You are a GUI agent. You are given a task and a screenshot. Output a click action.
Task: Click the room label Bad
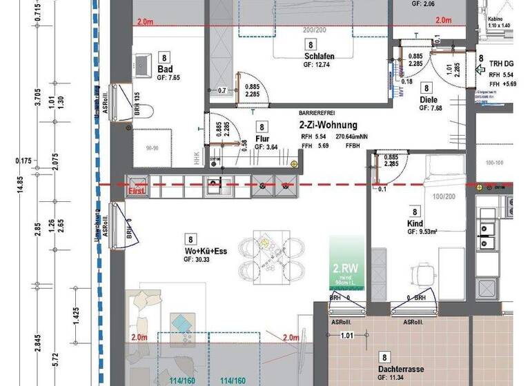click(x=164, y=70)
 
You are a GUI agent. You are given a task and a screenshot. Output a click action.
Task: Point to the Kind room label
click(x=415, y=224)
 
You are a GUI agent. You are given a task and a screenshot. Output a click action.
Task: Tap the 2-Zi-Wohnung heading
click(x=328, y=125)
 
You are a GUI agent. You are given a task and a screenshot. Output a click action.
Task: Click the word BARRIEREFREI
click(x=320, y=112)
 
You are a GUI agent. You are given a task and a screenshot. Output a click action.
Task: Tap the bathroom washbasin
click(x=143, y=63)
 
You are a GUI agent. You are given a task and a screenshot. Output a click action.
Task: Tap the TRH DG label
click(x=502, y=63)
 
